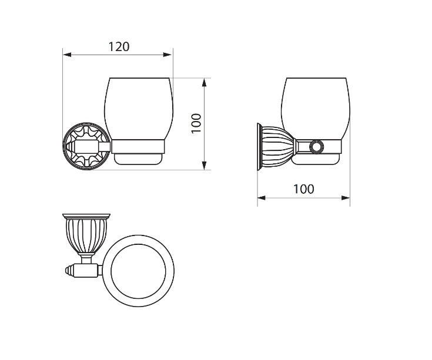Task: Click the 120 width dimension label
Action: click(119, 47)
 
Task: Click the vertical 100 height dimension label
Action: click(196, 123)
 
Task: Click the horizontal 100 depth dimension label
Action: click(303, 189)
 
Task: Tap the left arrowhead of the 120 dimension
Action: click(67, 55)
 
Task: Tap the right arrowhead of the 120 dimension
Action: click(168, 55)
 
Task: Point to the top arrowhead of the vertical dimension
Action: click(204, 83)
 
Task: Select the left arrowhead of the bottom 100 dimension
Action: click(262, 198)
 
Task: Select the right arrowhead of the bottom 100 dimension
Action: click(346, 198)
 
